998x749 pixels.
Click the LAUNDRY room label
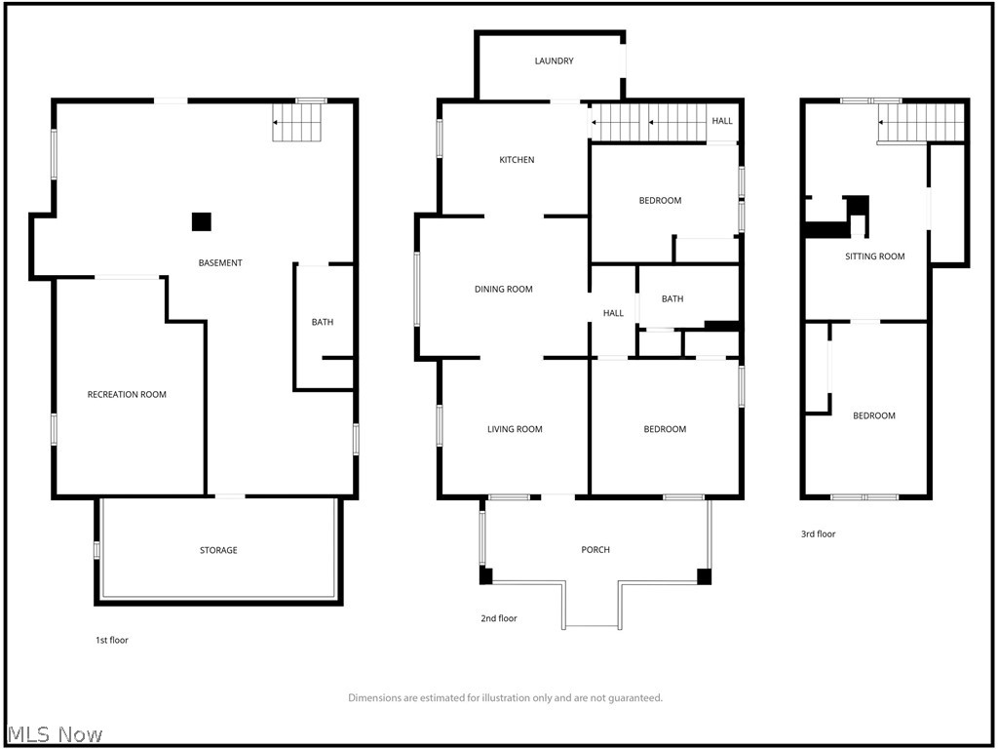coord(554,61)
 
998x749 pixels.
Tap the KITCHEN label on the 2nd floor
coord(517,160)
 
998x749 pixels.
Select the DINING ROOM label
coord(503,289)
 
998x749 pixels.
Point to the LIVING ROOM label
coord(515,429)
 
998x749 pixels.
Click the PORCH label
coord(595,550)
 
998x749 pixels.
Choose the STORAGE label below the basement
coord(218,551)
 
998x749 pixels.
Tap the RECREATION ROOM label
coord(127,395)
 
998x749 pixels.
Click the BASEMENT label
coord(220,263)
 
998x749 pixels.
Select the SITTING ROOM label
coord(874,256)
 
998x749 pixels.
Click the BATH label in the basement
coord(323,323)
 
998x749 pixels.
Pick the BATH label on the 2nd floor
coord(672,299)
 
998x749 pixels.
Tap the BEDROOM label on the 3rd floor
coord(873,416)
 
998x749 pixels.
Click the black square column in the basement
coord(201,221)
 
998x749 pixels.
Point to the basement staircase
coord(296,123)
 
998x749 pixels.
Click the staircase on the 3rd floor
coord(921,123)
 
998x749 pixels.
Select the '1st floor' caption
coord(111,641)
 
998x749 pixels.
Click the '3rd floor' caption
coord(819,534)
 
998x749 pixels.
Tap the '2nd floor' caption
coord(499,619)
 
